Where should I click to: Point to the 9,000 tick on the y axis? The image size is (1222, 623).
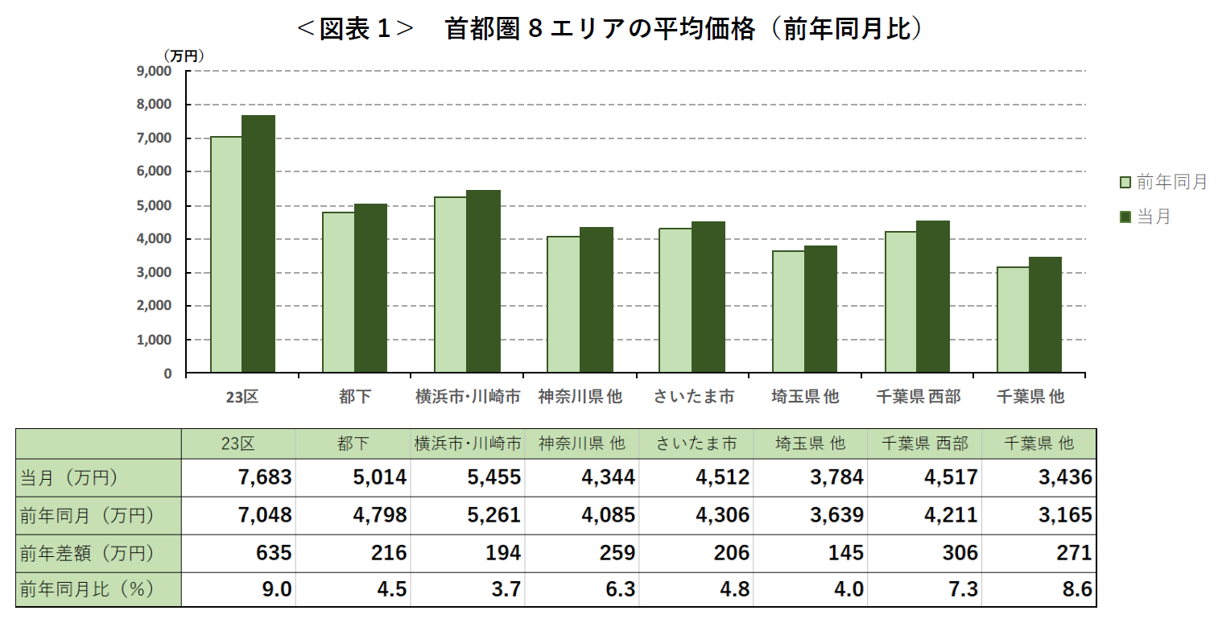click(x=155, y=71)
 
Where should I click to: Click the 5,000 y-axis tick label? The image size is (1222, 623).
click(x=155, y=205)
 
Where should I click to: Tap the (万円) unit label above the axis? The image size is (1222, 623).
click(x=184, y=56)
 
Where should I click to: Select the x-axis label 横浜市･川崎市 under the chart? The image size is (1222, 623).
click(x=467, y=397)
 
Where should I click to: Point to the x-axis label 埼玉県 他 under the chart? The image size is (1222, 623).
click(x=804, y=397)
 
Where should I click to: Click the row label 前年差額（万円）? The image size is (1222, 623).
click(x=87, y=553)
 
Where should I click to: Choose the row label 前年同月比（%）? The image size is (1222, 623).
click(x=87, y=590)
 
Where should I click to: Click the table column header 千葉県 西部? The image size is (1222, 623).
click(x=925, y=444)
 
